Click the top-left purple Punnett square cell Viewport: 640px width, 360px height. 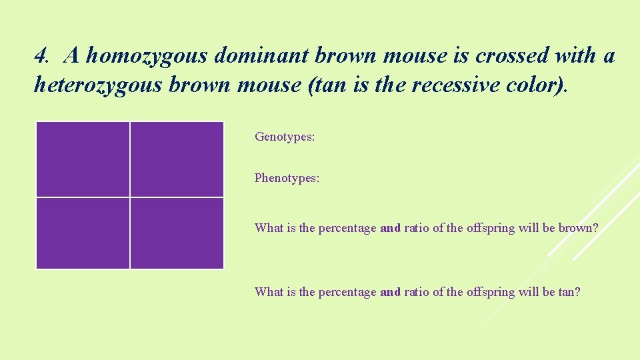click(83, 159)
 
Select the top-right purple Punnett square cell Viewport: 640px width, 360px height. click(177, 159)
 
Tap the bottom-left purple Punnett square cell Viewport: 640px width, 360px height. click(83, 233)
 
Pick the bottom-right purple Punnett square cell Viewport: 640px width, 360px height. click(177, 233)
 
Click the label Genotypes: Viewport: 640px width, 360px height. click(285, 137)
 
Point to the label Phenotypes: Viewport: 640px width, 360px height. click(287, 178)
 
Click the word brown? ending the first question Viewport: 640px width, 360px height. click(578, 228)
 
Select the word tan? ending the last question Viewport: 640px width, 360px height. click(569, 291)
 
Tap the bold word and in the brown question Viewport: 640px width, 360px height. click(390, 228)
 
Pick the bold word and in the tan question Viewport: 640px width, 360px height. click(390, 291)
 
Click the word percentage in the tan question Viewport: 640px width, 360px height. click(347, 291)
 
